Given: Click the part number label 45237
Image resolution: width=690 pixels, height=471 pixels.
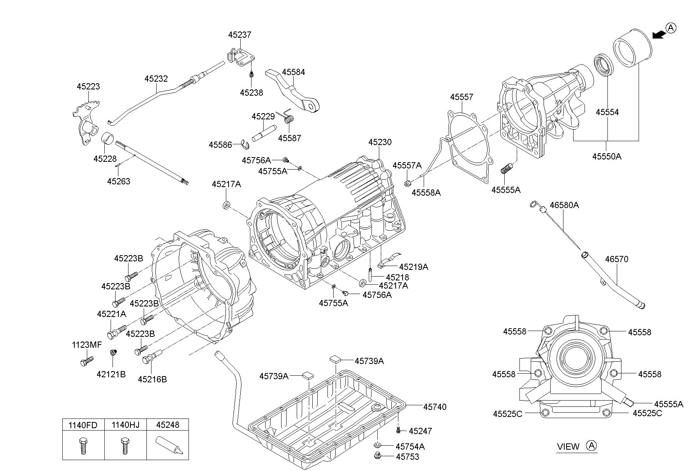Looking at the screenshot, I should coord(239,35).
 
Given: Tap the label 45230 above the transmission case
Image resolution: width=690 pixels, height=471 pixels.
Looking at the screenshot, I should coord(380,142).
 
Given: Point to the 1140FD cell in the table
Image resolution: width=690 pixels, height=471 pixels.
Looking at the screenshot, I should coord(83,425).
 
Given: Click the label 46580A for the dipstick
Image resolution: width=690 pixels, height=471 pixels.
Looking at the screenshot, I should coord(564,205).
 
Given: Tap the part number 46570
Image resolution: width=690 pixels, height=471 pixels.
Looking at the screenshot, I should coord(616,259).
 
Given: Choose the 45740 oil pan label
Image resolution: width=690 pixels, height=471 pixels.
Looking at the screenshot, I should coord(435,407).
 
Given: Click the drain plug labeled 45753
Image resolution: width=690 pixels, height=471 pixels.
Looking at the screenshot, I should coord(377,456).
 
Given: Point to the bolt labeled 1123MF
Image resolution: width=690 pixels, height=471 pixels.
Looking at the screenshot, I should coord(86,361).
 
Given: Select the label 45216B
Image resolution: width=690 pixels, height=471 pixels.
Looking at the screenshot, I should coord(152,379).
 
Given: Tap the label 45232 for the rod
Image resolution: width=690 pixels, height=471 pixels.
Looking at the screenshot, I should coord(156,79).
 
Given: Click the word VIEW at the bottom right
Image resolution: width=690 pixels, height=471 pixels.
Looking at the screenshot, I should coord(568,446).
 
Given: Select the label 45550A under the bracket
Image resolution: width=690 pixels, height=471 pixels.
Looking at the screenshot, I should coord(607,156).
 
